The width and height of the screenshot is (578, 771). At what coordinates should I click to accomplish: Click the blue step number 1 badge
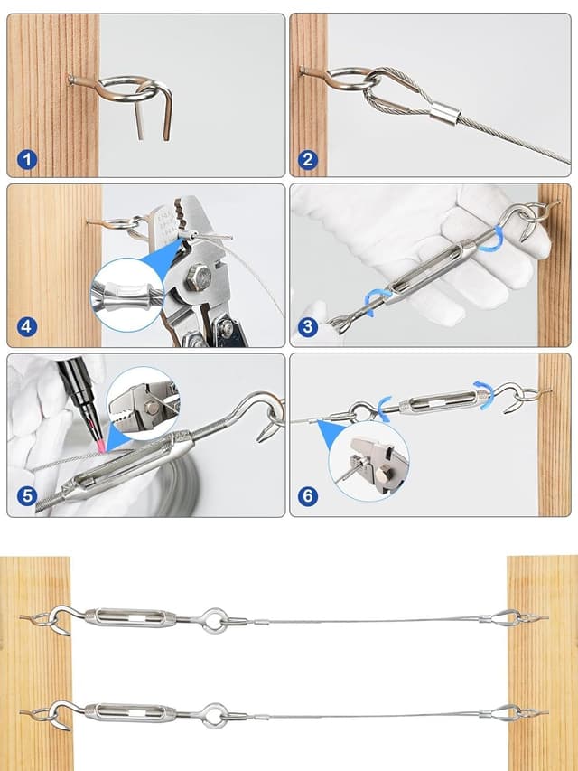coord(27,159)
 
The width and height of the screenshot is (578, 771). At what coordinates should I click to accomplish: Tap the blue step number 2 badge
coord(308,159)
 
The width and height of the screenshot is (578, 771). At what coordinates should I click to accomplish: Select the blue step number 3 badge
coord(308,327)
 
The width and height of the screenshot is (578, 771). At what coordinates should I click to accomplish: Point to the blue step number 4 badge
coord(27,327)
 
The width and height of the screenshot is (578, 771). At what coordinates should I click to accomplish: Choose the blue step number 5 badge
coord(27,496)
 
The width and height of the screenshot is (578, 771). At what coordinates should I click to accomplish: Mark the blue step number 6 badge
coord(308,496)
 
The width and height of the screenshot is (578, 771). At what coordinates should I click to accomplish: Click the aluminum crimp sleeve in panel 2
coord(445,113)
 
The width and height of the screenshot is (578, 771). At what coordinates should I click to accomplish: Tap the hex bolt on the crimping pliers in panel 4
coord(199,277)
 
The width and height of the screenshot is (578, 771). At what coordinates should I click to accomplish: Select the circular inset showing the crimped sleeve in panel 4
coord(127,295)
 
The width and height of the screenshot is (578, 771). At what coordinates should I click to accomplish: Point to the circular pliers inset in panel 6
coord(368,461)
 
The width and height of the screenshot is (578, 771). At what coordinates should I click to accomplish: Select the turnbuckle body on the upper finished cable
coord(130,618)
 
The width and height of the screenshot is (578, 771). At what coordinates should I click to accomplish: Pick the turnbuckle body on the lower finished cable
coord(130,711)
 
